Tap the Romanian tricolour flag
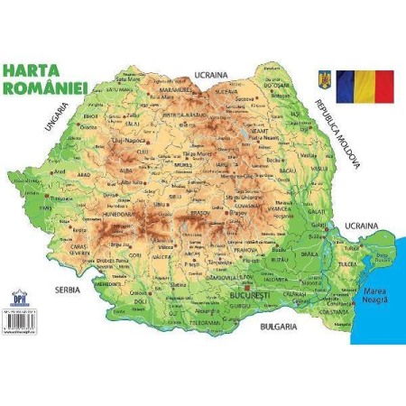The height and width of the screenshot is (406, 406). point(364,86)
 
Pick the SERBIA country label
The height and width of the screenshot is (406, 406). point(67,291)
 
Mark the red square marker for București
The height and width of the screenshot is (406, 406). point(240,287)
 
